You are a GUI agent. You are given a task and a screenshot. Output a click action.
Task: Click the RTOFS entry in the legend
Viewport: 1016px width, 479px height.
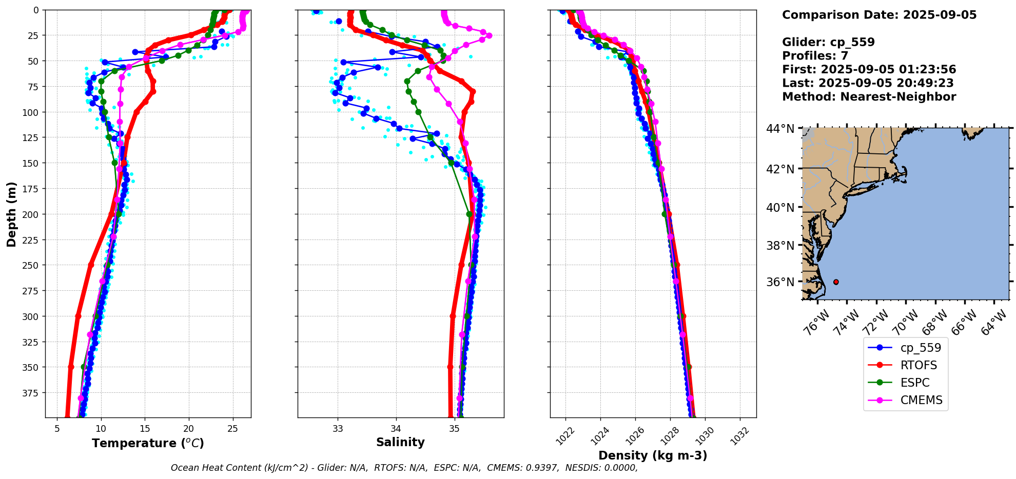918,365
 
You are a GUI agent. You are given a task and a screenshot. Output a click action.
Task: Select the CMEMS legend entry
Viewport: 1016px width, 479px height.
921,400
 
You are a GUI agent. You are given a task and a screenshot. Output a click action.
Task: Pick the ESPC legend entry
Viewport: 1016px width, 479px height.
914,383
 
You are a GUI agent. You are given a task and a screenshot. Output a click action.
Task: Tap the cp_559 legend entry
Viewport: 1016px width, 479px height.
921,348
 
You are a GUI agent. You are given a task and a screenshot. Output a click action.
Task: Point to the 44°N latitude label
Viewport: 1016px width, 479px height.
780,129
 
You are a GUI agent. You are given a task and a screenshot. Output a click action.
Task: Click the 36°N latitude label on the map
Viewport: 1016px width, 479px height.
780,282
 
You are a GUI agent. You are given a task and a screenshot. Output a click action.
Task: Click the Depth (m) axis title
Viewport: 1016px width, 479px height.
11,214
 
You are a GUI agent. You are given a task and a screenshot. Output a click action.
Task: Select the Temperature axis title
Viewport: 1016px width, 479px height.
148,443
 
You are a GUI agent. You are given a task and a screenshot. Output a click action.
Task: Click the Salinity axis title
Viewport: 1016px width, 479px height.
400,442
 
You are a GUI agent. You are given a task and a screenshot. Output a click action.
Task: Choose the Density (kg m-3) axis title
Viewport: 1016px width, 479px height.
653,455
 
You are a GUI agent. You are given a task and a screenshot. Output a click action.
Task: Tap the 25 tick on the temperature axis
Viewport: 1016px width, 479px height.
232,429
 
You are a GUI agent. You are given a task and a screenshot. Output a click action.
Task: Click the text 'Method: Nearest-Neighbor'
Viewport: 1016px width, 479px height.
869,97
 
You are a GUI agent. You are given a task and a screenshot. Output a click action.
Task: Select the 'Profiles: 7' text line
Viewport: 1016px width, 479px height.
815,56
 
